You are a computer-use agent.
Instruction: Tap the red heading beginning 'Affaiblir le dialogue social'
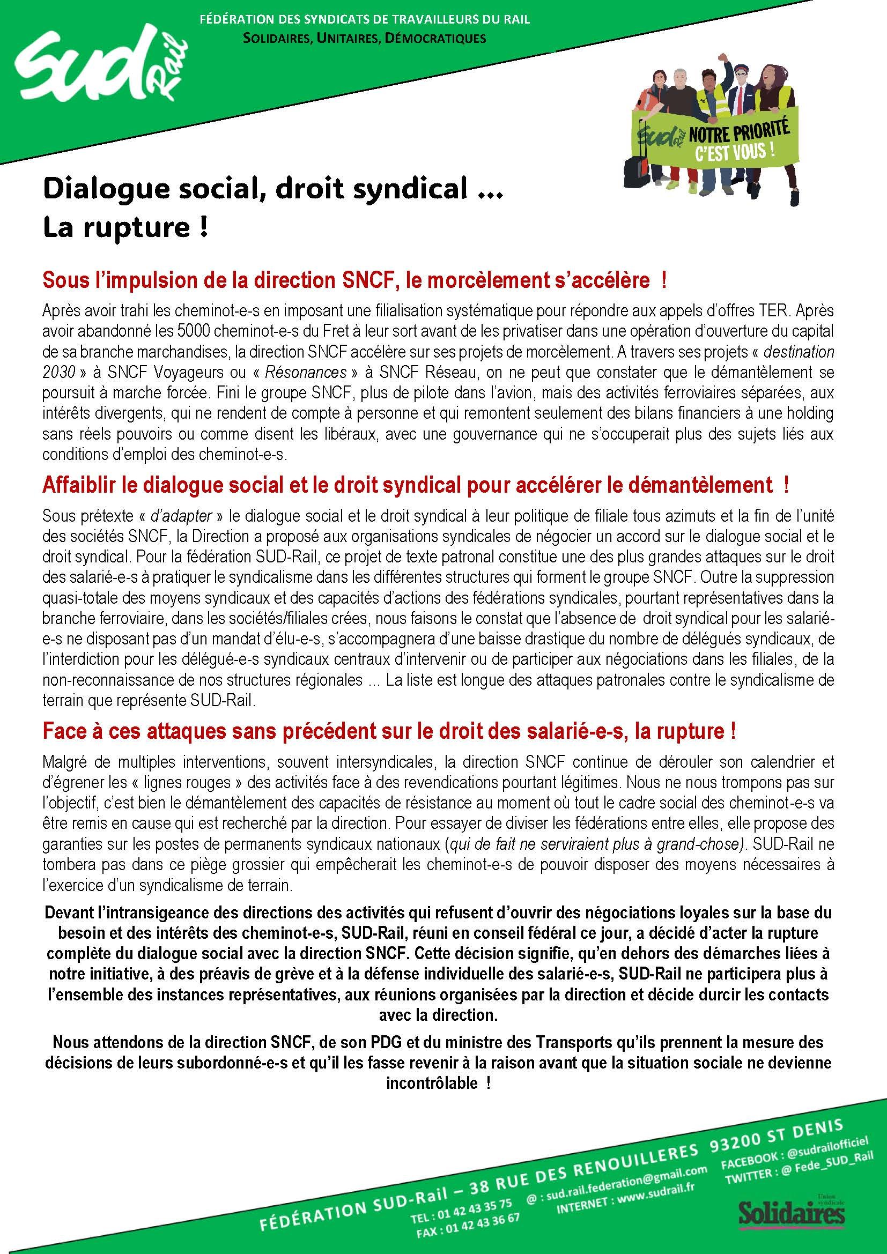click(x=415, y=485)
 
